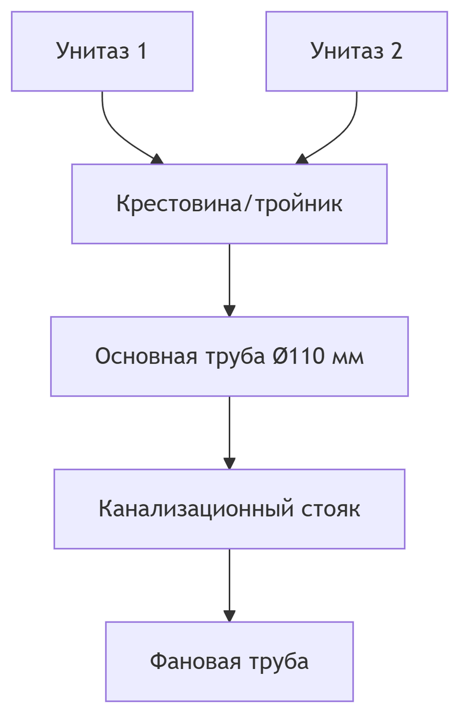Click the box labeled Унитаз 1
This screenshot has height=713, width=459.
pyautogui.click(x=102, y=51)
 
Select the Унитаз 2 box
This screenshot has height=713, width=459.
pyautogui.click(x=356, y=51)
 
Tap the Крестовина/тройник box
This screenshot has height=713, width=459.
pyautogui.click(x=229, y=204)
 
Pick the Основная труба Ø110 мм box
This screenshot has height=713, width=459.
pyautogui.click(x=229, y=356)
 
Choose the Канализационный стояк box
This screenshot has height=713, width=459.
pyautogui.click(x=229, y=509)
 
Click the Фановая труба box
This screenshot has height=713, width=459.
pyautogui.click(x=229, y=661)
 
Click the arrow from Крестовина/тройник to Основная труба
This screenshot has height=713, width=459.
pyautogui.click(x=229, y=279)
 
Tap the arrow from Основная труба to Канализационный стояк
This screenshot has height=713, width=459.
pyautogui.click(x=229, y=432)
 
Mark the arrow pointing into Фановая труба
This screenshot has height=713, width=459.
pyautogui.click(x=229, y=585)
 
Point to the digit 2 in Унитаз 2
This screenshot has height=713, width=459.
pyautogui.click(x=396, y=51)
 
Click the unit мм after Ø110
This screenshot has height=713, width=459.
pyautogui.click(x=350, y=356)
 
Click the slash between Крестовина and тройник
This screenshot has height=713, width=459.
pyautogui.click(x=243, y=204)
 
